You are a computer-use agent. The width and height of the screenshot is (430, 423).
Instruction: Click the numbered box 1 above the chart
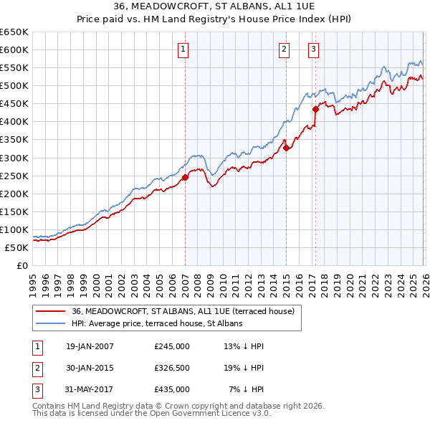click(x=183, y=49)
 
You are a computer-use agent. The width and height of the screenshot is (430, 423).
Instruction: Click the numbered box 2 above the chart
click(x=285, y=49)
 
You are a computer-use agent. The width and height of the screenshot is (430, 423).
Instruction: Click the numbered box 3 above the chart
click(x=314, y=49)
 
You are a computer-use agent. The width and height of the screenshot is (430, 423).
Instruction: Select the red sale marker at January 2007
click(x=185, y=177)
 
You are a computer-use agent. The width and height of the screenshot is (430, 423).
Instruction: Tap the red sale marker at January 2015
click(x=286, y=148)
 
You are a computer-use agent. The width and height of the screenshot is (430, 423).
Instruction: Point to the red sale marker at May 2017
click(x=315, y=110)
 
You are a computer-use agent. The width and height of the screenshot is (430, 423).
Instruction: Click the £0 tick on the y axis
click(x=21, y=265)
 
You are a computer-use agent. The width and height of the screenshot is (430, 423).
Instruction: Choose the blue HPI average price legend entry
click(x=157, y=323)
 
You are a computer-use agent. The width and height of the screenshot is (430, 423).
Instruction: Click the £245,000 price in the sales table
click(x=172, y=346)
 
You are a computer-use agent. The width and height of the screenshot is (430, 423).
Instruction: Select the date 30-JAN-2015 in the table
click(x=90, y=368)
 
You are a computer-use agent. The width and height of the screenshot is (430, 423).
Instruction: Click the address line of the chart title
click(x=214, y=6)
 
